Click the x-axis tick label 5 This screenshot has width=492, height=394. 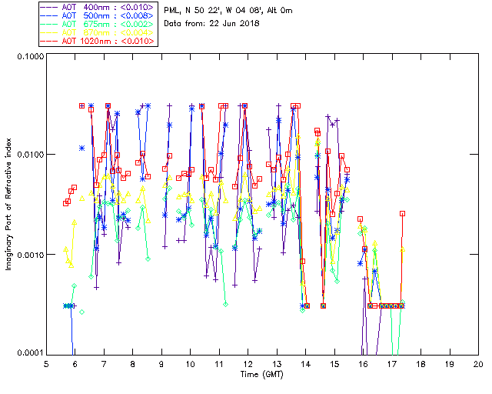(x=46, y=363)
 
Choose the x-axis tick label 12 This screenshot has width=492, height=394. (x=248, y=363)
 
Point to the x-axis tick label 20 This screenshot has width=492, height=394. (x=478, y=363)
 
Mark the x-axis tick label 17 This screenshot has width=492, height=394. (x=391, y=363)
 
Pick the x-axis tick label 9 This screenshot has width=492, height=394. (x=161, y=363)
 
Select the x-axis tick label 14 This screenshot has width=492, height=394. (x=305, y=363)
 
